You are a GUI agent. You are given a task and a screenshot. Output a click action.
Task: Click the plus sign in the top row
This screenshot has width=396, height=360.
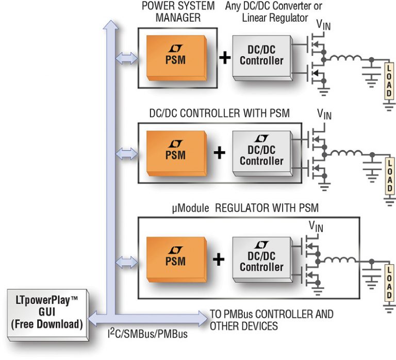[x=225, y=57]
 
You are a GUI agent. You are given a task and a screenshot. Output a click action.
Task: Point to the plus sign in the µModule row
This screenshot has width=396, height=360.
[x=220, y=259]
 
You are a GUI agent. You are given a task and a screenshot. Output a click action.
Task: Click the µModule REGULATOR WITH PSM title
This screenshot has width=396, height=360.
[x=245, y=208]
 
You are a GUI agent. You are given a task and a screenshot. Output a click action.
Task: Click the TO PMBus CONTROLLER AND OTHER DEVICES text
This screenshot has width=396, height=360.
[x=271, y=320]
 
